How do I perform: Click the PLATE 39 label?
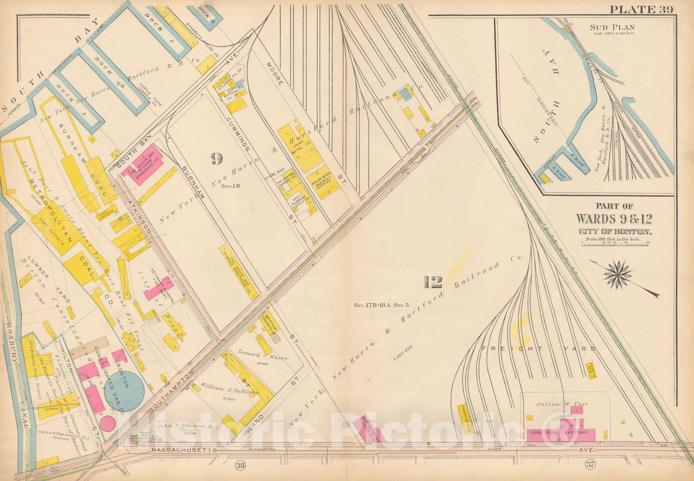[641, 9]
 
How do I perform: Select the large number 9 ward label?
[216, 159]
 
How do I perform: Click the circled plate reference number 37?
[589, 466]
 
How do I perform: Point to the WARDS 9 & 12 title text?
[613, 218]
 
